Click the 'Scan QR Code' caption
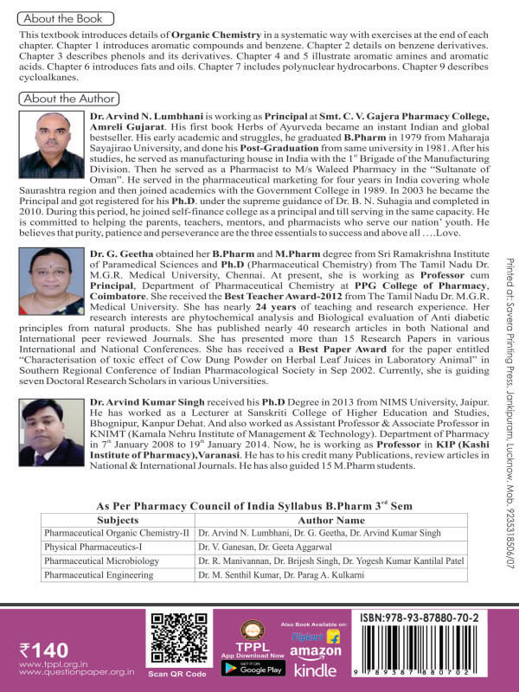(x=177, y=674)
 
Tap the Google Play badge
(x=253, y=668)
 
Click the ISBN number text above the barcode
(x=439, y=619)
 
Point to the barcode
(x=439, y=653)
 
